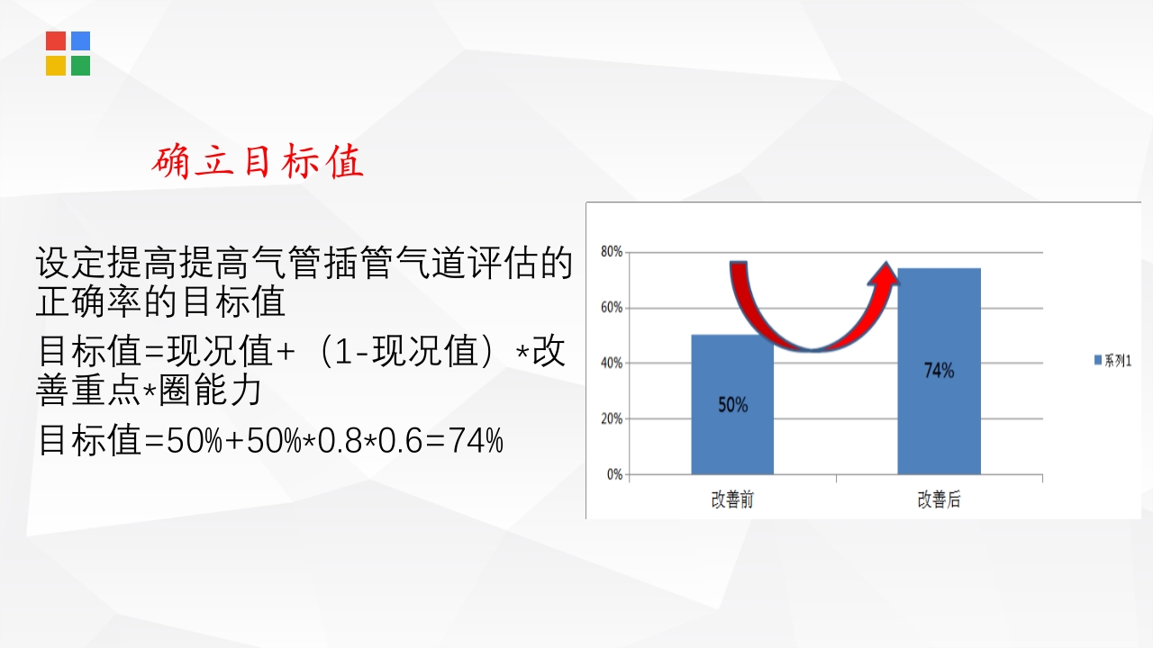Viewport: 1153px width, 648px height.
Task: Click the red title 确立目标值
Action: (x=259, y=162)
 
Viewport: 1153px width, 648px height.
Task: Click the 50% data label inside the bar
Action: (x=732, y=405)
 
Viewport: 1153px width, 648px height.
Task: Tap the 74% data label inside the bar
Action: (x=939, y=370)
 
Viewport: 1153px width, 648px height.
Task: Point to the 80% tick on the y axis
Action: (x=612, y=252)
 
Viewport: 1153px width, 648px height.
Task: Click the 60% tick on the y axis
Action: (x=612, y=308)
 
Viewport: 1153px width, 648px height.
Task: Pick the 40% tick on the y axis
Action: (x=612, y=364)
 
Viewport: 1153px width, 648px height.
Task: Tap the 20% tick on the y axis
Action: (x=612, y=419)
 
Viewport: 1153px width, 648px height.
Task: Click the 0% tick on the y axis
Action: (x=614, y=474)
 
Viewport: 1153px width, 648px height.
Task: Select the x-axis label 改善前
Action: (x=732, y=500)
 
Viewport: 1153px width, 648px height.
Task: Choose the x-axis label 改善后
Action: (x=939, y=500)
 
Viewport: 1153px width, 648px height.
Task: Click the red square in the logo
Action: (x=56, y=41)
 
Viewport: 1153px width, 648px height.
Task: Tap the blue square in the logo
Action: (x=80, y=41)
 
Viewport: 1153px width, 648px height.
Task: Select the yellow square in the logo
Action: (x=56, y=66)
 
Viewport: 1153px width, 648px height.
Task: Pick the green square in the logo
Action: (x=80, y=66)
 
